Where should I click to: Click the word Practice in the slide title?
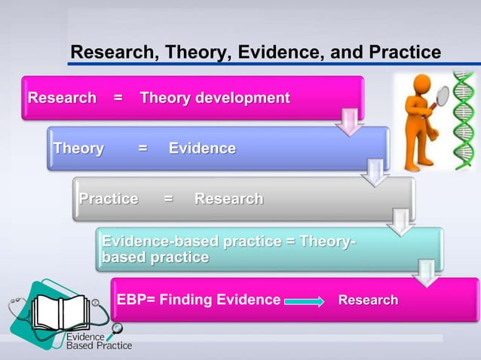coord(403,53)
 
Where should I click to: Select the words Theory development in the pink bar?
coord(215,98)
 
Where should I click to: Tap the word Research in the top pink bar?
coord(62,98)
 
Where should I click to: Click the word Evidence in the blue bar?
coord(202,148)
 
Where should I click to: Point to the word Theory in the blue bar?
coord(78,148)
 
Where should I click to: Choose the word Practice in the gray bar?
coord(109,199)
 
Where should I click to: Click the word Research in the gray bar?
coord(228,199)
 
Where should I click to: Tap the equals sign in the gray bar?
coord(168,199)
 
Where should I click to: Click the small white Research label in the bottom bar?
coord(368,301)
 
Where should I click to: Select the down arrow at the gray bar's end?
coord(400,222)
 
